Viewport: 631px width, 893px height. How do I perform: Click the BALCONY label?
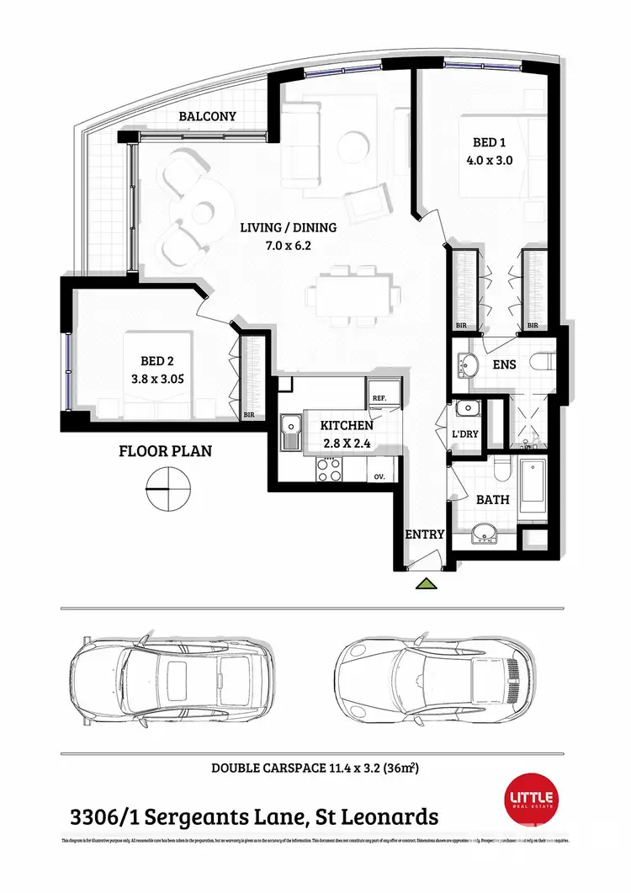(x=208, y=117)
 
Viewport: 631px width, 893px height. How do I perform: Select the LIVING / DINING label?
(x=288, y=227)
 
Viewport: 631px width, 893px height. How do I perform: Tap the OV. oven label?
(x=379, y=476)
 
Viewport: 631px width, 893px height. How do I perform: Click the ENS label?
(x=505, y=365)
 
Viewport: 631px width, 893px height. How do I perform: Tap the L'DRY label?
(x=465, y=433)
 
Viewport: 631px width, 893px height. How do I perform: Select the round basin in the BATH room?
(x=483, y=533)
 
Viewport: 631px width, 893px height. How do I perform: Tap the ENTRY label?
(x=424, y=534)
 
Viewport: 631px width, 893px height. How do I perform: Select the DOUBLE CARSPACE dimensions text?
(x=315, y=768)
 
